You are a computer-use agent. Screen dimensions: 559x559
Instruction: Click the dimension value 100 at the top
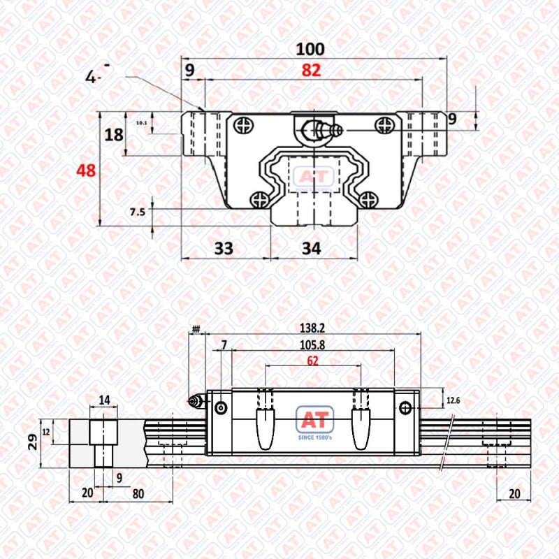[310, 49]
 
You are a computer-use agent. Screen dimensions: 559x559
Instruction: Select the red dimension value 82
[312, 70]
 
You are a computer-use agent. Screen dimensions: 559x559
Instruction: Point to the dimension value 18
[114, 135]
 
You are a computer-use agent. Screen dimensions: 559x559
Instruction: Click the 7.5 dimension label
[137, 212]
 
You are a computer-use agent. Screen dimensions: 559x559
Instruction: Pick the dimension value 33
[224, 247]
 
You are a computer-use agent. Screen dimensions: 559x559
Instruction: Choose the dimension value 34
[312, 247]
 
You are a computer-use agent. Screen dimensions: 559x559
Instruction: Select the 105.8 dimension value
[311, 344]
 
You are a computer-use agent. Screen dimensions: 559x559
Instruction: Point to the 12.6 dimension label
[453, 400]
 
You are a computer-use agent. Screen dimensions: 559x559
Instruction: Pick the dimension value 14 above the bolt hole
[105, 400]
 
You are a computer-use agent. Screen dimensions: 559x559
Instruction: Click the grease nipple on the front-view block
[318, 130]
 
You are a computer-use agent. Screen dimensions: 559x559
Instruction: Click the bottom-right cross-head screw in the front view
[368, 199]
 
